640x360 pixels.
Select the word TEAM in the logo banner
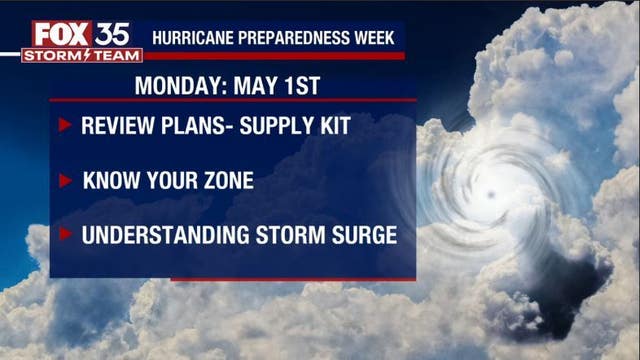coord(113,55)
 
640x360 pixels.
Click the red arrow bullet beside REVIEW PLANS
coord(65,126)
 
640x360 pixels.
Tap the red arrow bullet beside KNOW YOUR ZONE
coord(65,181)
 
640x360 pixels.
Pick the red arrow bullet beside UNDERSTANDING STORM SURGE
coord(65,235)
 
